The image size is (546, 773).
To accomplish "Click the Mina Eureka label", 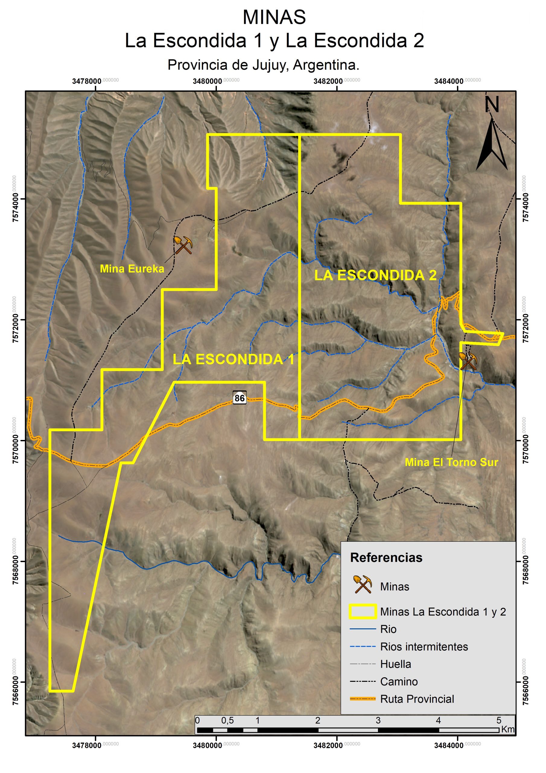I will point(132,269).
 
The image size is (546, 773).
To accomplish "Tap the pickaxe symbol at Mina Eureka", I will point(183,245).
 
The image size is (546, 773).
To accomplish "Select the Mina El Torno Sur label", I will point(451,462).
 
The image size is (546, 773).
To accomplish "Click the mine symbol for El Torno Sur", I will point(468,361).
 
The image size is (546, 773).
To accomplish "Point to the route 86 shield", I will point(239,398).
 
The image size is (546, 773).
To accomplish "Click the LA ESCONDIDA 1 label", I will point(233,360).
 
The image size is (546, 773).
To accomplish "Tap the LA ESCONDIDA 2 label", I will point(376,275).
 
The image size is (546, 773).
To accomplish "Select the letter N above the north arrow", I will point(492,105).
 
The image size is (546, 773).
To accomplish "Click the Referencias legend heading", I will point(386,557).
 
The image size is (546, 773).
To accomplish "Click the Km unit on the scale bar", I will point(508,729).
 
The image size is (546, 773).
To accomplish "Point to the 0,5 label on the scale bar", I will point(227,720).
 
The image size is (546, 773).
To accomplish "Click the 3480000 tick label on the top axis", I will point(208,81).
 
